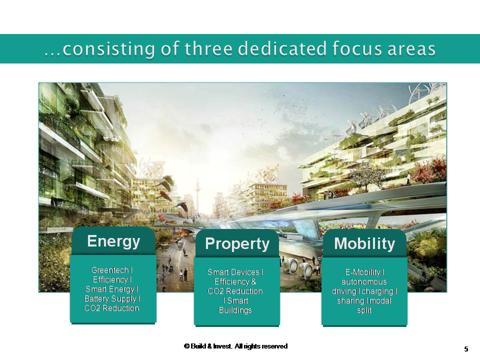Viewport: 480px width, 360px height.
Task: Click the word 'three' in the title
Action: [x=208, y=49]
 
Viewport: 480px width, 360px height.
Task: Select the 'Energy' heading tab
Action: [x=113, y=241]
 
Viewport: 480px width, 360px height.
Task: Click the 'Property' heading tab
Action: [x=237, y=243]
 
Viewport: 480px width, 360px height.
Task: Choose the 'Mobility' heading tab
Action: [x=364, y=243]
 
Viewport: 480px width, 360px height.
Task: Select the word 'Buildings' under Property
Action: [x=235, y=310]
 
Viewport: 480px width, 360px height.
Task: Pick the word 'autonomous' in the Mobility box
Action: [x=364, y=281]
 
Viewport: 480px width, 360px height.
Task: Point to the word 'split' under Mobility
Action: [x=364, y=310]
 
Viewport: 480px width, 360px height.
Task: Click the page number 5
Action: [x=466, y=348]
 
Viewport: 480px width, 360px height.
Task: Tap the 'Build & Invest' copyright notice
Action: [x=235, y=346]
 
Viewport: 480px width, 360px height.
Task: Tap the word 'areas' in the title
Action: [x=412, y=49]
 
